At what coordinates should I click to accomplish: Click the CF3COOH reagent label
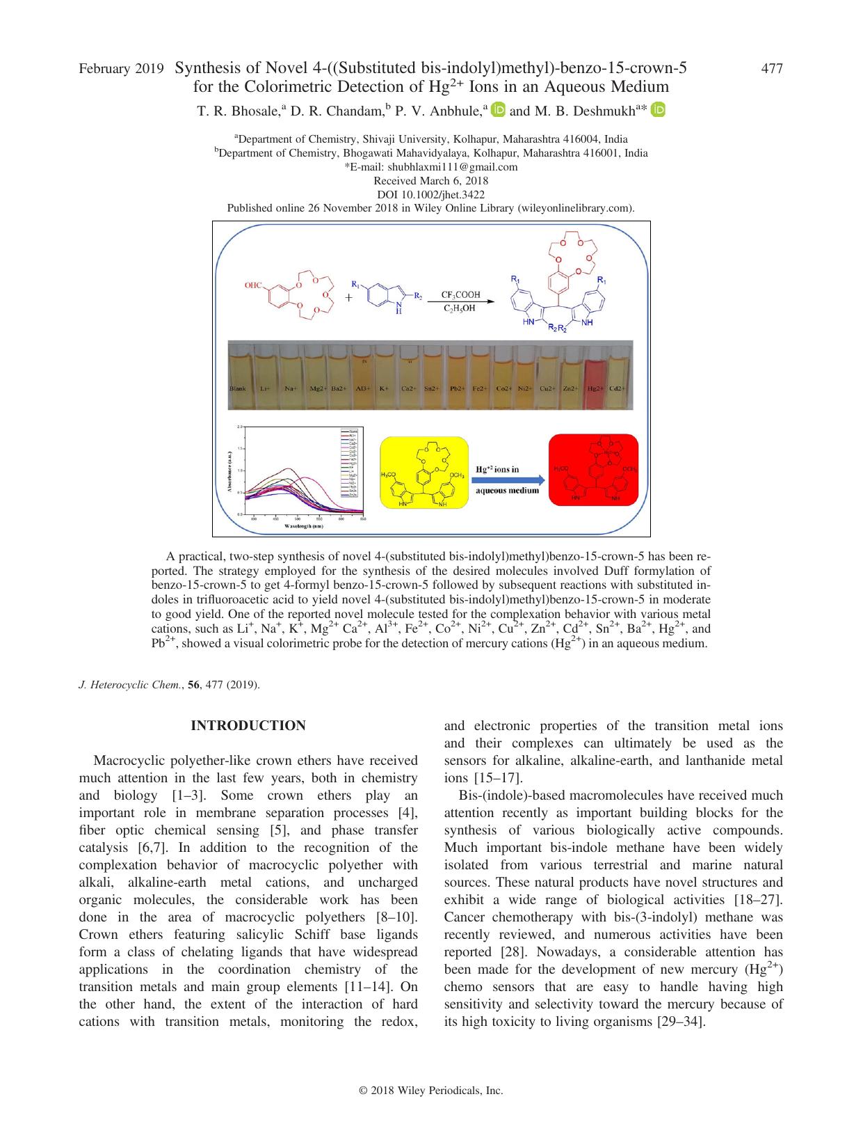click(460, 295)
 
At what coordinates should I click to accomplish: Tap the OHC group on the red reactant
click(253, 285)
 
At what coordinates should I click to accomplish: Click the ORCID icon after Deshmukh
click(659, 110)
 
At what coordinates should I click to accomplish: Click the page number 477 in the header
click(773, 68)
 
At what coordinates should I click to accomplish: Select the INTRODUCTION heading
click(248, 726)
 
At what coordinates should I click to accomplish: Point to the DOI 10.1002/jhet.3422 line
click(431, 194)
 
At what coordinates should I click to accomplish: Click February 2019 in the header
click(121, 68)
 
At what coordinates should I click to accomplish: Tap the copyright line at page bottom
click(431, 1091)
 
